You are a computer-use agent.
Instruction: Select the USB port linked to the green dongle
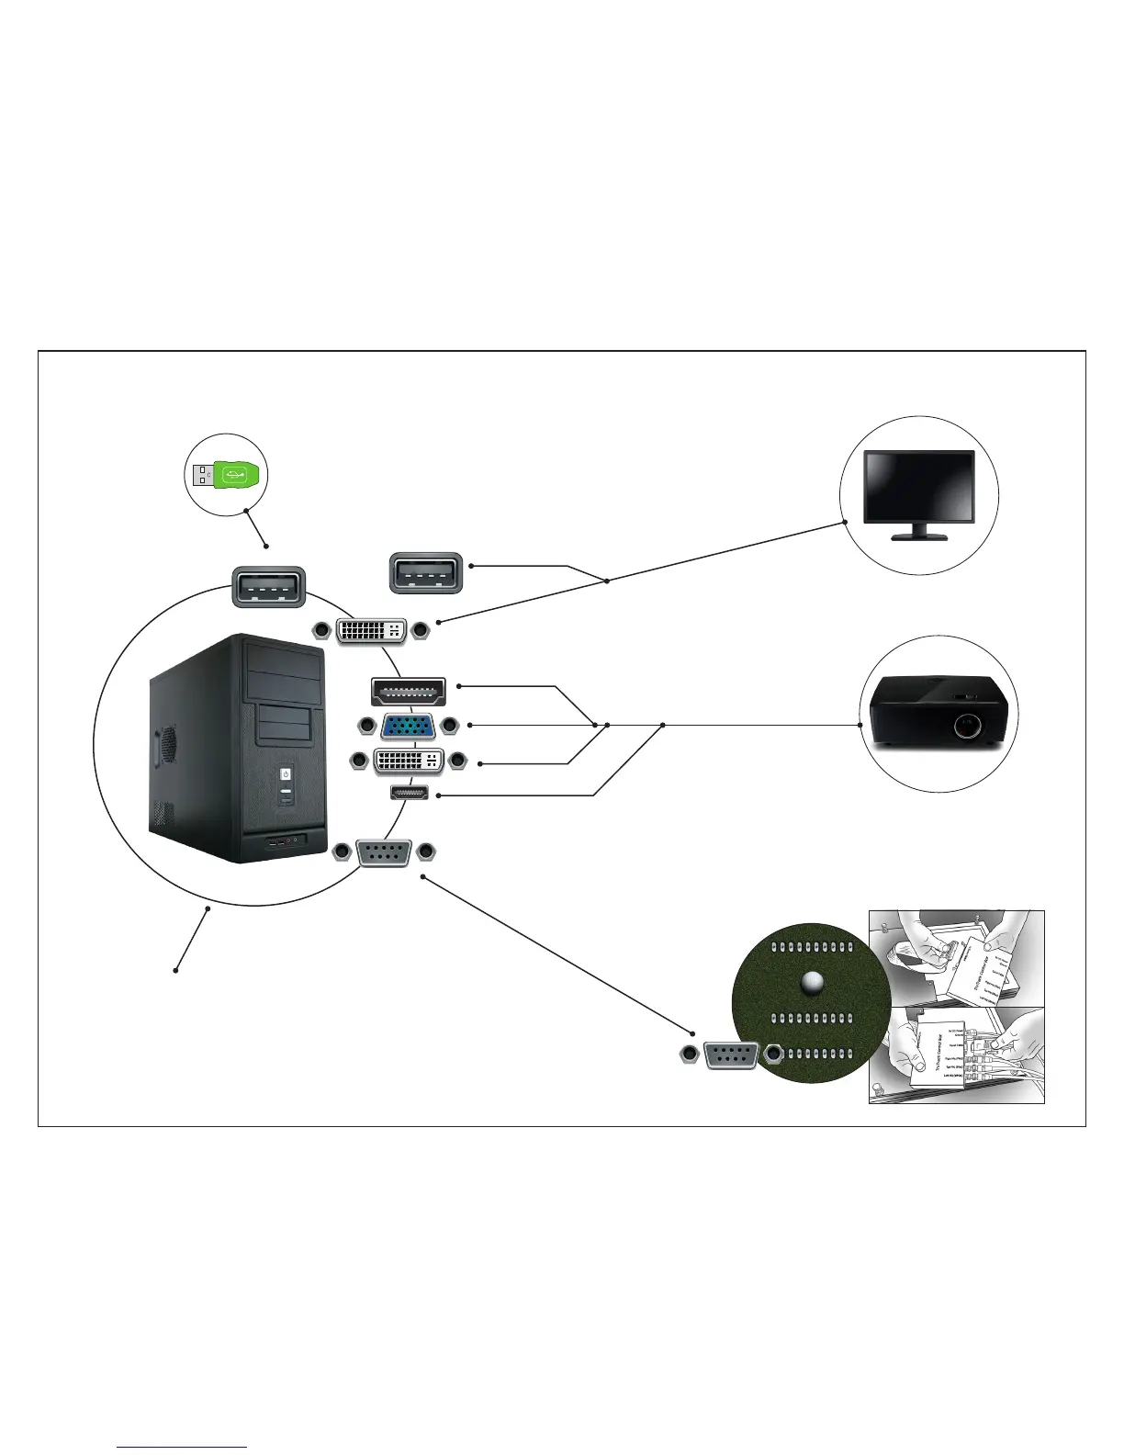266,586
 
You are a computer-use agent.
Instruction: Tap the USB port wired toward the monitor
426,572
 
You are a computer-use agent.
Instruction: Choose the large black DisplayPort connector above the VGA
408,691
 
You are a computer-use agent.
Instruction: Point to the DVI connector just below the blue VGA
409,761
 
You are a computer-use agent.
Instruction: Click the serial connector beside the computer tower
383,852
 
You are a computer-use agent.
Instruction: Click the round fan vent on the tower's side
166,743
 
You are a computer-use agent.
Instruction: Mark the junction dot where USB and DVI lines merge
607,580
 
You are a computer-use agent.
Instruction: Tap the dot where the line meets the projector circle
860,725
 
